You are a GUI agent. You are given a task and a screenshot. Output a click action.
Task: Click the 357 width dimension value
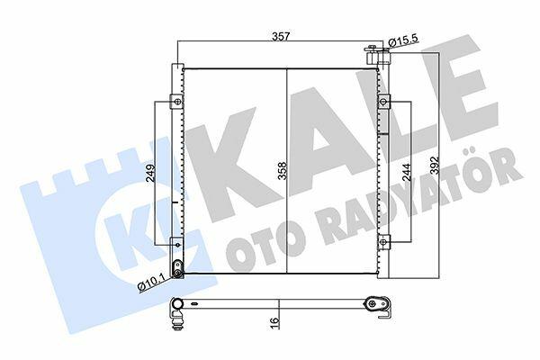pyautogui.click(x=282, y=36)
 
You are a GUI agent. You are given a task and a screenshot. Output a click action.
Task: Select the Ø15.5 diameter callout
pyautogui.click(x=403, y=40)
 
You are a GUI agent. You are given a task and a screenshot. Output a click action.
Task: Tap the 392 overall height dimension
pyautogui.click(x=435, y=166)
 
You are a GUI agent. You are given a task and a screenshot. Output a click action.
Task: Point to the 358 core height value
pyautogui.click(x=283, y=170)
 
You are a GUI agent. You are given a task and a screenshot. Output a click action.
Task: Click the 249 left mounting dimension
pyautogui.click(x=151, y=173)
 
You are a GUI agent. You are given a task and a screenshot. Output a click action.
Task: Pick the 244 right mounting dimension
pyautogui.click(x=407, y=172)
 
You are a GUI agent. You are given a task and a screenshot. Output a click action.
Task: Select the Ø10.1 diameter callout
pyautogui.click(x=151, y=284)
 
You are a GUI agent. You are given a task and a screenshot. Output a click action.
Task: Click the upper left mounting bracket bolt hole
pyautogui.click(x=177, y=102)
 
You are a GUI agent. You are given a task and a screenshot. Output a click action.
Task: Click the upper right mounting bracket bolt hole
pyautogui.click(x=383, y=102)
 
